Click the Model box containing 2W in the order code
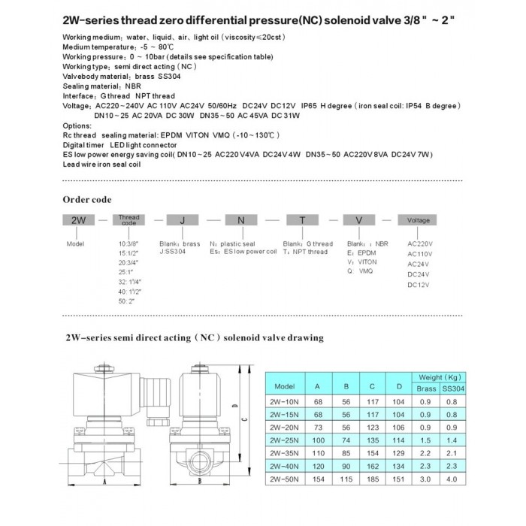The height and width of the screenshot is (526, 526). (76, 221)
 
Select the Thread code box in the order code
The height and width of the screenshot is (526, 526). (129, 221)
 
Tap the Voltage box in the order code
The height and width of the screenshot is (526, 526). (419, 221)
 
